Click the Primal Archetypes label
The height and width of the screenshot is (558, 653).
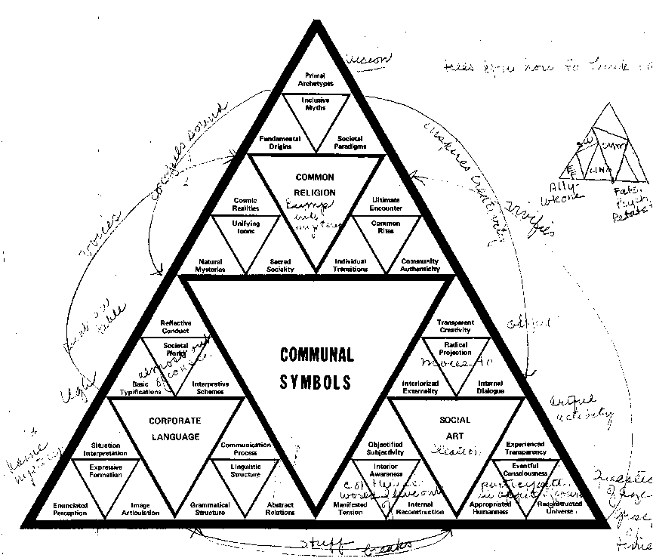coord(315,79)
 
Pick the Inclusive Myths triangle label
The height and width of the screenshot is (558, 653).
coord(315,104)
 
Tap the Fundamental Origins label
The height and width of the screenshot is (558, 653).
coord(279,142)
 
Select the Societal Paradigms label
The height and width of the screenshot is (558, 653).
coord(350,142)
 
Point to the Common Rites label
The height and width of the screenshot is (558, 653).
coord(387,227)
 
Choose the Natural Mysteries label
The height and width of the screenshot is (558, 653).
coord(211,265)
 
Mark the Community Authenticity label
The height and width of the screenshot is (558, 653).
coord(420,265)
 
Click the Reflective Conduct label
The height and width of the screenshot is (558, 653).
coord(176,326)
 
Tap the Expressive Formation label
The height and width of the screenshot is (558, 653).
coord(104,472)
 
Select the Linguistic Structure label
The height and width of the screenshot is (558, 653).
coord(245,472)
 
